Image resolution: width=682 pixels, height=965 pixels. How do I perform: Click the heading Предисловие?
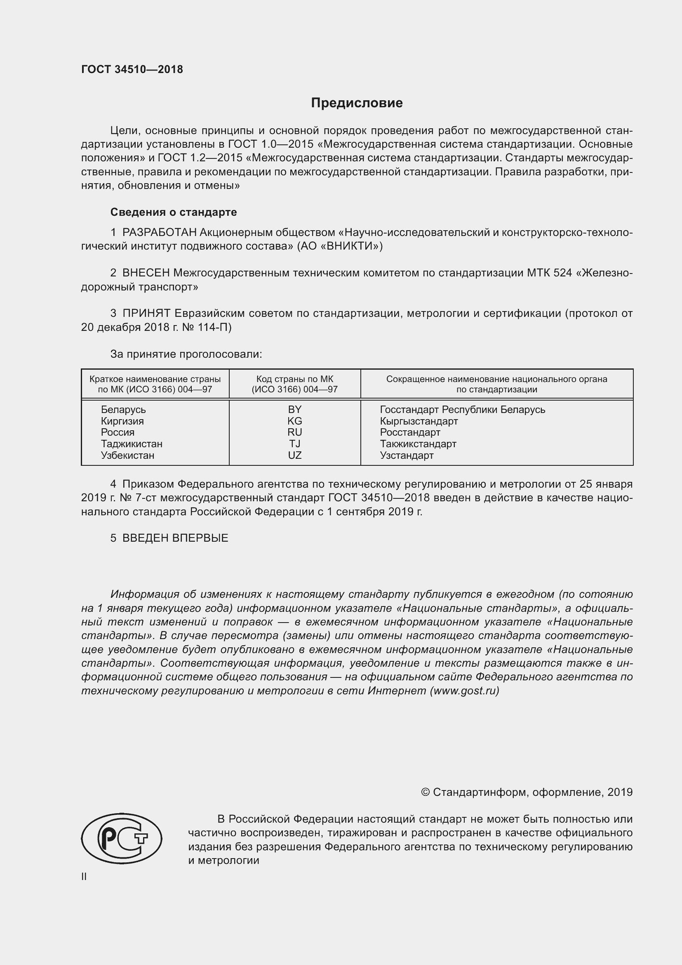coord(357,103)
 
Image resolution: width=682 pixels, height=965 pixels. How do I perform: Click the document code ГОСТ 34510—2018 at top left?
coord(132,70)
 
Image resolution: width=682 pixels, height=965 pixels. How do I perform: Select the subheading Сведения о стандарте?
coord(174,212)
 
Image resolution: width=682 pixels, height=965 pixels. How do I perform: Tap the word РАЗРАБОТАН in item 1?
coord(159,232)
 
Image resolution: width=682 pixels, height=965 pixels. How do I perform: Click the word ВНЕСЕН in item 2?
coord(146,273)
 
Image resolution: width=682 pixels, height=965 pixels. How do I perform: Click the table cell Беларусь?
coord(123,409)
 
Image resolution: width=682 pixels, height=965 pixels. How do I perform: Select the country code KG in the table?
coord(294,421)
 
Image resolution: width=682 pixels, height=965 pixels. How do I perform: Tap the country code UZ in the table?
coord(294,455)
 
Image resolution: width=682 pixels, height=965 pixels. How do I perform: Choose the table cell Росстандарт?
coord(410,432)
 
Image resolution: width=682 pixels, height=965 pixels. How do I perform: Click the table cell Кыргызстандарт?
coord(419,421)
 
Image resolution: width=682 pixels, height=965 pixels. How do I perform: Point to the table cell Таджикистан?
coord(132,444)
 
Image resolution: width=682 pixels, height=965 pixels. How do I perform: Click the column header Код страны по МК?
coord(294,379)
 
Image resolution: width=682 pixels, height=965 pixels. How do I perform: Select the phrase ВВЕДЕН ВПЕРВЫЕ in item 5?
coord(175,538)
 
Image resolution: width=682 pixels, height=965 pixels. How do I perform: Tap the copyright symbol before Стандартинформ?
coord(425,792)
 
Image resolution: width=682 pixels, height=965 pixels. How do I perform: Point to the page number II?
coord(84,876)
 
